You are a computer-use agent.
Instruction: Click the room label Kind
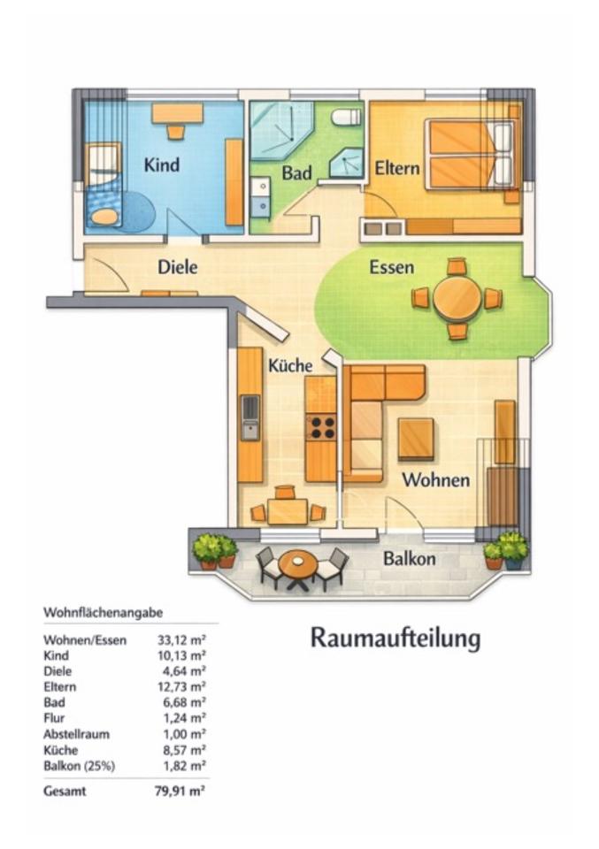(x=162, y=164)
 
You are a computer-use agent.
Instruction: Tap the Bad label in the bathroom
(x=296, y=173)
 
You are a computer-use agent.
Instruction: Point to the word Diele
(x=178, y=265)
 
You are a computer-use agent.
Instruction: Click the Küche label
(x=290, y=364)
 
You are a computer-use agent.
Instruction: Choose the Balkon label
(x=409, y=559)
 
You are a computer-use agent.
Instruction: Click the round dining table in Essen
(x=457, y=298)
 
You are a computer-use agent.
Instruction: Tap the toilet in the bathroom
(x=347, y=117)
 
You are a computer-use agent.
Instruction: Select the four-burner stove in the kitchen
(x=321, y=427)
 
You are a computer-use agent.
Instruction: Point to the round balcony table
(x=297, y=563)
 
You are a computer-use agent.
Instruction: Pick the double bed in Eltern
(x=470, y=155)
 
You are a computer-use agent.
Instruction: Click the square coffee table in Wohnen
(x=415, y=439)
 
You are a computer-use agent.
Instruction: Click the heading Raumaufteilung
(x=395, y=638)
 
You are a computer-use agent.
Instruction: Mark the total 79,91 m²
(x=180, y=792)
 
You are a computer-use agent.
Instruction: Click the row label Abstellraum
(x=76, y=734)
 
